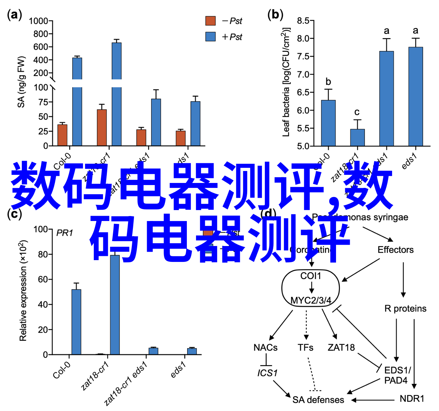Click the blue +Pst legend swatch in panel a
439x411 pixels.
pyautogui.click(x=211, y=37)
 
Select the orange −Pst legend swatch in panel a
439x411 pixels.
pyautogui.click(x=211, y=21)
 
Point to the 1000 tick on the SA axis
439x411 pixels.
pyautogui.click(x=38, y=21)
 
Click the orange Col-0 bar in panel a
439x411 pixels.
pyautogui.click(x=62, y=135)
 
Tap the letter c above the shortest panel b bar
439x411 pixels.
pyautogui.click(x=357, y=112)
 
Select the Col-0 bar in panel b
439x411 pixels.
pyautogui.click(x=328, y=123)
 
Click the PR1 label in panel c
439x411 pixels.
pyautogui.click(x=65, y=233)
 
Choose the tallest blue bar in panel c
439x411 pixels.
pyautogui.click(x=115, y=305)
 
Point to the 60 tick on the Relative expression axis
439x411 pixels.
pyautogui.click(x=43, y=280)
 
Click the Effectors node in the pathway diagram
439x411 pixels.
pyautogui.click(x=395, y=250)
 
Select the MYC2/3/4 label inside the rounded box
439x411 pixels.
pyautogui.click(x=311, y=300)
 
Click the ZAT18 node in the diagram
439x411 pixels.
pyautogui.click(x=341, y=348)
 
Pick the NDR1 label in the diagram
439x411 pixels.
pyautogui.click(x=412, y=399)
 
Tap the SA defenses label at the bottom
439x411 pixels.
pyautogui.click(x=318, y=400)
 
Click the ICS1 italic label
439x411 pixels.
pyautogui.click(x=267, y=373)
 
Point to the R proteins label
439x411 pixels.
pyautogui.click(x=405, y=309)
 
